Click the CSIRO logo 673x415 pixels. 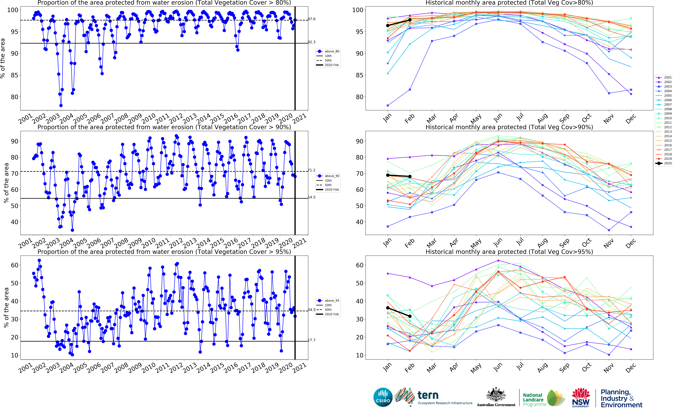383,397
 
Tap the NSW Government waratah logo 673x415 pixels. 581,397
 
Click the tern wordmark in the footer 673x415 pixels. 428,396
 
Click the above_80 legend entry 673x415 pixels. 328,51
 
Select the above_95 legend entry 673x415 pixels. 328,301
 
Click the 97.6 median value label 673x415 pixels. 312,19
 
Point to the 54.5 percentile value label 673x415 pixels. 312,197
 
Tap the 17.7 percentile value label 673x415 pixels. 312,340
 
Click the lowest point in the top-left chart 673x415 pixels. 61,105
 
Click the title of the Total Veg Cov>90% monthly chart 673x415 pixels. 509,127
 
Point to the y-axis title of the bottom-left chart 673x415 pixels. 6,307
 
